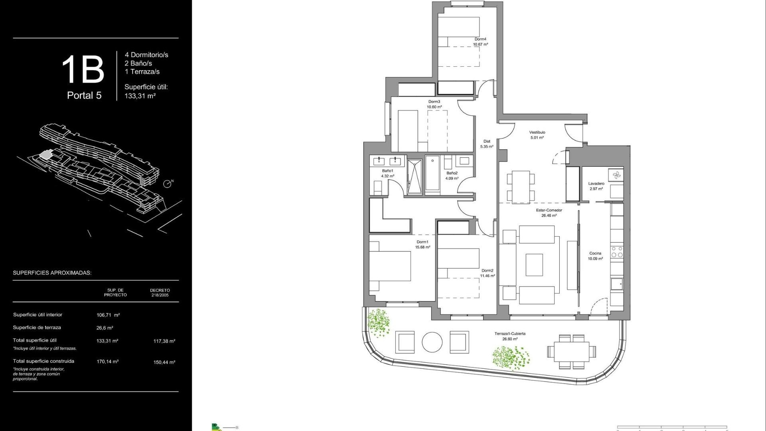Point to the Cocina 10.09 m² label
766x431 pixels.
pos(595,256)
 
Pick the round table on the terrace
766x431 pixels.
pos(432,342)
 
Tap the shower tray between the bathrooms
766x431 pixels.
pos(415,176)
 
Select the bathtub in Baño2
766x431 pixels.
pos(432,175)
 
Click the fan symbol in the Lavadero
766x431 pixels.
pos(616,175)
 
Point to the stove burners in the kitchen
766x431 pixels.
pos(617,252)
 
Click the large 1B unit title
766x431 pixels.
pos(83,70)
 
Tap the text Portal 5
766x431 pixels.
pos(84,95)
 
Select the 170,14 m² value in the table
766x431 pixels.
pos(107,362)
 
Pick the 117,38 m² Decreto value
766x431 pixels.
pos(164,341)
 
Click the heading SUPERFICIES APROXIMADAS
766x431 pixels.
pos(52,273)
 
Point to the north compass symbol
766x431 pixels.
pos(167,184)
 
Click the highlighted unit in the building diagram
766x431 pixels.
pos(47,155)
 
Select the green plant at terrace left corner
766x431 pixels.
pos(378,322)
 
